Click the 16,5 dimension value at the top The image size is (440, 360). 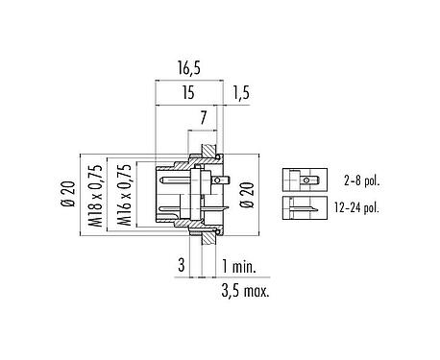[x=188, y=70]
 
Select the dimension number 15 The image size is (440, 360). [x=188, y=92]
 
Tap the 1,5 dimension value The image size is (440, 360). [x=243, y=92]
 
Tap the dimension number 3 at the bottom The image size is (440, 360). [x=180, y=265]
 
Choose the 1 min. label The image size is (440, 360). [x=240, y=265]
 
